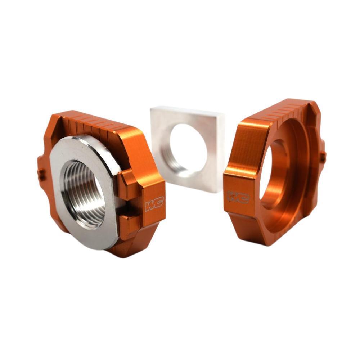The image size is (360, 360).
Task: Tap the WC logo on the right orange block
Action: [x=238, y=197]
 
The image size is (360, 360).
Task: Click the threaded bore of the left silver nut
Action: [x=85, y=193]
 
